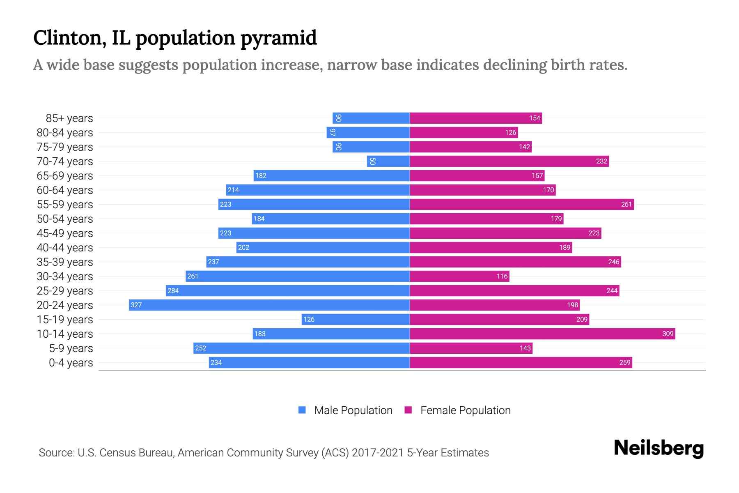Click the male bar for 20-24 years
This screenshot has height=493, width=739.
(x=269, y=305)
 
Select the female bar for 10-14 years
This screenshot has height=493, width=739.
(x=542, y=334)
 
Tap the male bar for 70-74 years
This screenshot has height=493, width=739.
(x=388, y=161)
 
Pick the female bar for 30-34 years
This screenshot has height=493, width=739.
(x=459, y=276)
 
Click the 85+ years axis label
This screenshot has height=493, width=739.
(x=69, y=118)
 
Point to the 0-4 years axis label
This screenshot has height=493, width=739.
(x=71, y=363)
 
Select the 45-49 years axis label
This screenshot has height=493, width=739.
(x=65, y=233)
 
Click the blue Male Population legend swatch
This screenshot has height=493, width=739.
(x=302, y=410)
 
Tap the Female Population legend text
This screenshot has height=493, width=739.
(x=465, y=410)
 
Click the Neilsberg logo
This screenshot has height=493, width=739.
(x=659, y=448)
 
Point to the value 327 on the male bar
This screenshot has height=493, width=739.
(x=136, y=305)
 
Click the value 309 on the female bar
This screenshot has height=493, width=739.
(x=668, y=334)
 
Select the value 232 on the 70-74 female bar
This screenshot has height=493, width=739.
(x=601, y=161)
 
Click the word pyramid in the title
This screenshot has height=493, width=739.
(x=278, y=38)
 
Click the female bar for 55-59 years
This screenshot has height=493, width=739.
(x=521, y=204)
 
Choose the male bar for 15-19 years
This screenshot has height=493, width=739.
(x=356, y=319)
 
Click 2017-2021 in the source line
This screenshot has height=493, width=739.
(x=377, y=453)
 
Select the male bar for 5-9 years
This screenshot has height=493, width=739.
(x=301, y=348)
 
